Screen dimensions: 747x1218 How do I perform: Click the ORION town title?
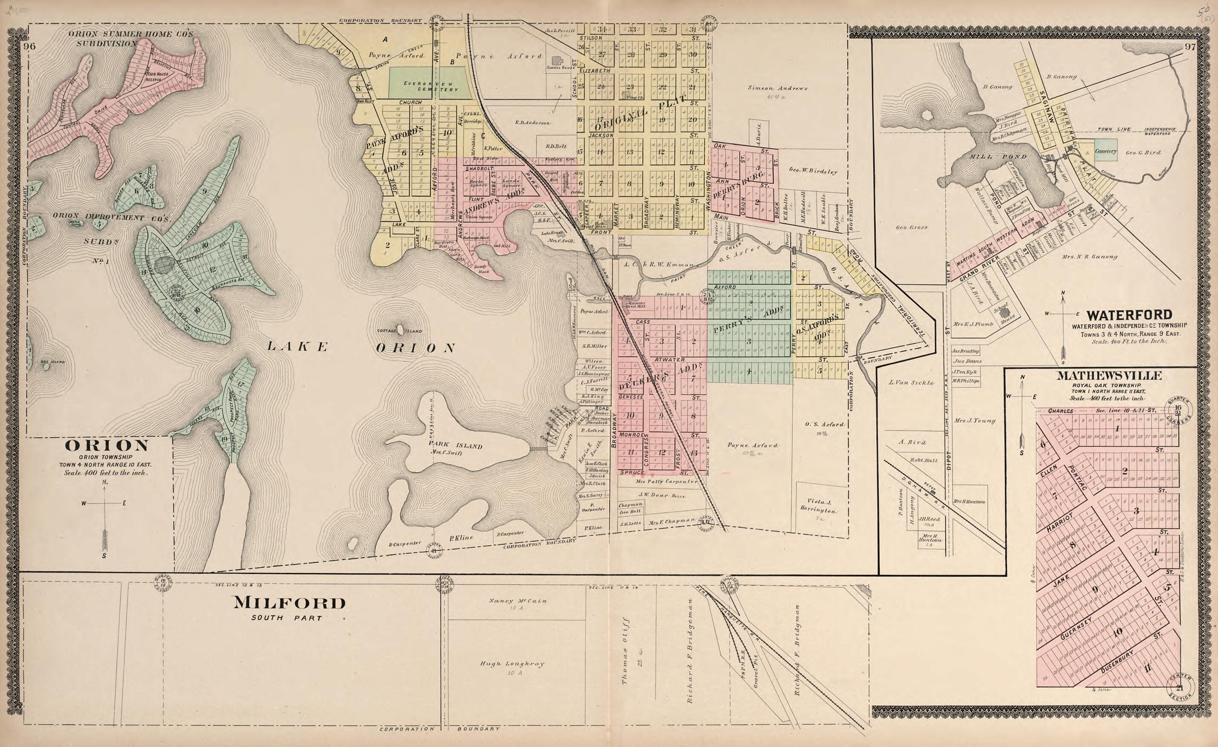pos(106,445)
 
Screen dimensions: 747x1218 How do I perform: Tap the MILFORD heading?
pos(289,603)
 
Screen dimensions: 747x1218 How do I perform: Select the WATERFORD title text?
pos(1129,315)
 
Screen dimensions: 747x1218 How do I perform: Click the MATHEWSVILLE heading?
pos(1109,376)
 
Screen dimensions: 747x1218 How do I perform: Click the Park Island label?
pos(455,445)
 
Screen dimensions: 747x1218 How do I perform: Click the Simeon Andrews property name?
pos(777,88)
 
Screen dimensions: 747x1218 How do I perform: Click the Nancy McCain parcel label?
pos(517,601)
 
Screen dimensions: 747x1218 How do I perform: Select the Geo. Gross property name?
pos(911,228)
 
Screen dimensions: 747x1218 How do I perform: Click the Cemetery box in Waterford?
pos(1105,152)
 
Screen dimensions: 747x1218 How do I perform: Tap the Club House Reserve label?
pos(157,77)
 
